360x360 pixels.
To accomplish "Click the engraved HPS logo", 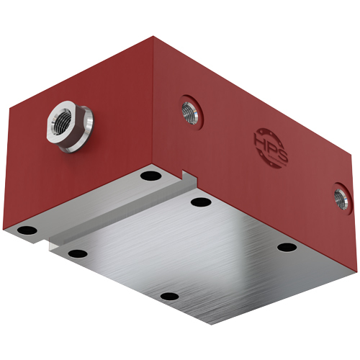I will point(270,147).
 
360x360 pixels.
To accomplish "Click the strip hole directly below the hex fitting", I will point(150,176).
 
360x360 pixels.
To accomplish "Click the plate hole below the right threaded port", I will point(287,247).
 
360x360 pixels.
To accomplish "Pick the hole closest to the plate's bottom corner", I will point(168,296).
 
